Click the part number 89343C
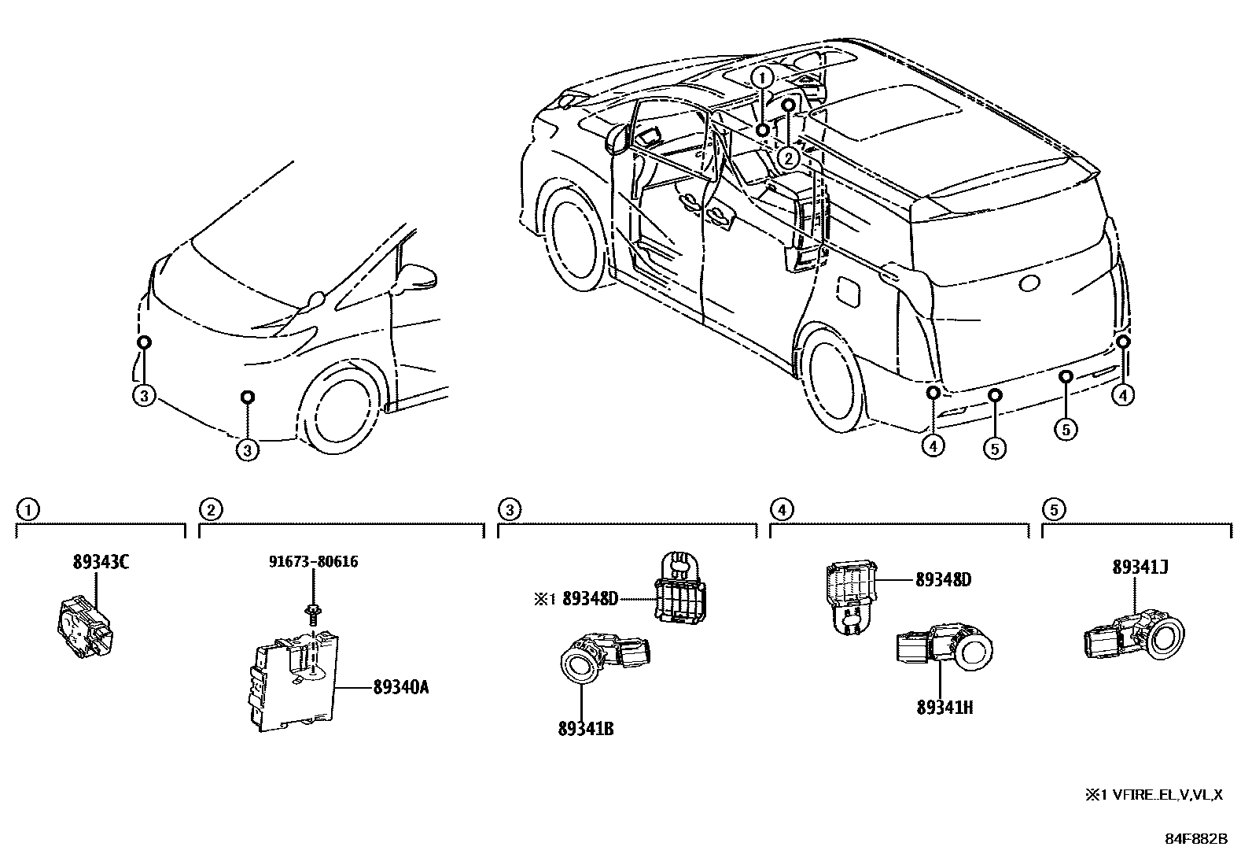point(101,563)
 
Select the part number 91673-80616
point(313,562)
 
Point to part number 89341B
point(585,729)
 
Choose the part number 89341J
point(1140,567)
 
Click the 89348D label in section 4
point(943,580)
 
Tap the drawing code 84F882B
point(1195,839)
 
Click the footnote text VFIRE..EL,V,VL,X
point(1167,796)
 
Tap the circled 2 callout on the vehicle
point(788,158)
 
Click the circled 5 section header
point(1053,510)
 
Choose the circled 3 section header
point(509,510)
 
